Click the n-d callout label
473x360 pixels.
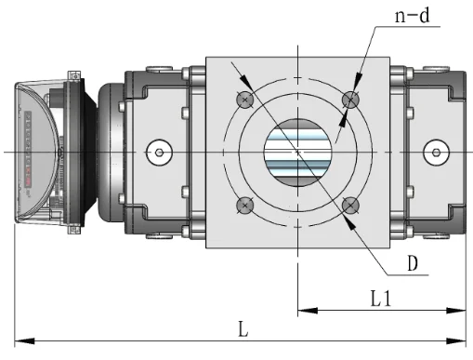coord(413,16)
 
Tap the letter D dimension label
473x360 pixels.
coord(413,263)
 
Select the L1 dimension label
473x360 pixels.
coord(381,299)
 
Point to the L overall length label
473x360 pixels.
coord(243,329)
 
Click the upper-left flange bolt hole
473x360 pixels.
coord(245,100)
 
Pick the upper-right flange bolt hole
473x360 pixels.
coord(350,100)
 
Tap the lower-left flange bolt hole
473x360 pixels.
coord(245,206)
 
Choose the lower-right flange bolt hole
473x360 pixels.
coord(350,206)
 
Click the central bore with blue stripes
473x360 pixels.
coord(297,153)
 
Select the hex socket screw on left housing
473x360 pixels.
coord(159,153)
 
